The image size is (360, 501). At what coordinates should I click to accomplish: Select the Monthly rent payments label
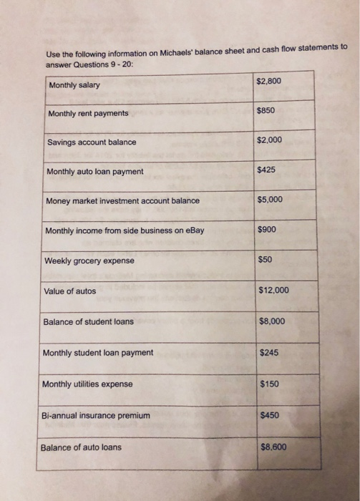coord(88,114)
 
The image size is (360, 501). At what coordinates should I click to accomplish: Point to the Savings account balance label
coord(92,142)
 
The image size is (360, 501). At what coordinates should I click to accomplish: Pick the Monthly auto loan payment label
coord(94,172)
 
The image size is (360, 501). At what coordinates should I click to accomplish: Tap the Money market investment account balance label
coord(123,201)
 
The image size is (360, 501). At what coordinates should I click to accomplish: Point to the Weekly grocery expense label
coord(89,261)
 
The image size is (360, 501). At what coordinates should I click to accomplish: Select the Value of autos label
coord(69,291)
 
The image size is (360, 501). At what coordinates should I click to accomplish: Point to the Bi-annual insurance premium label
coord(96,416)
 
